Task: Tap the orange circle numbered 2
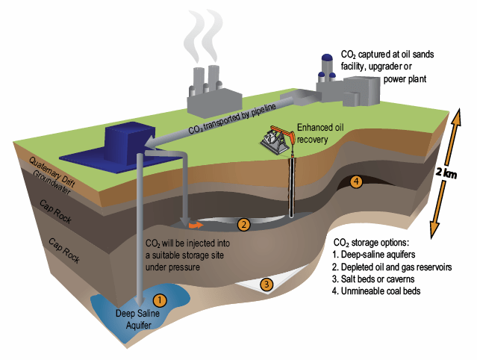click(243, 224)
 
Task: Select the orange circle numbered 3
click(266, 284)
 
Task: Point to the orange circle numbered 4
click(356, 181)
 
